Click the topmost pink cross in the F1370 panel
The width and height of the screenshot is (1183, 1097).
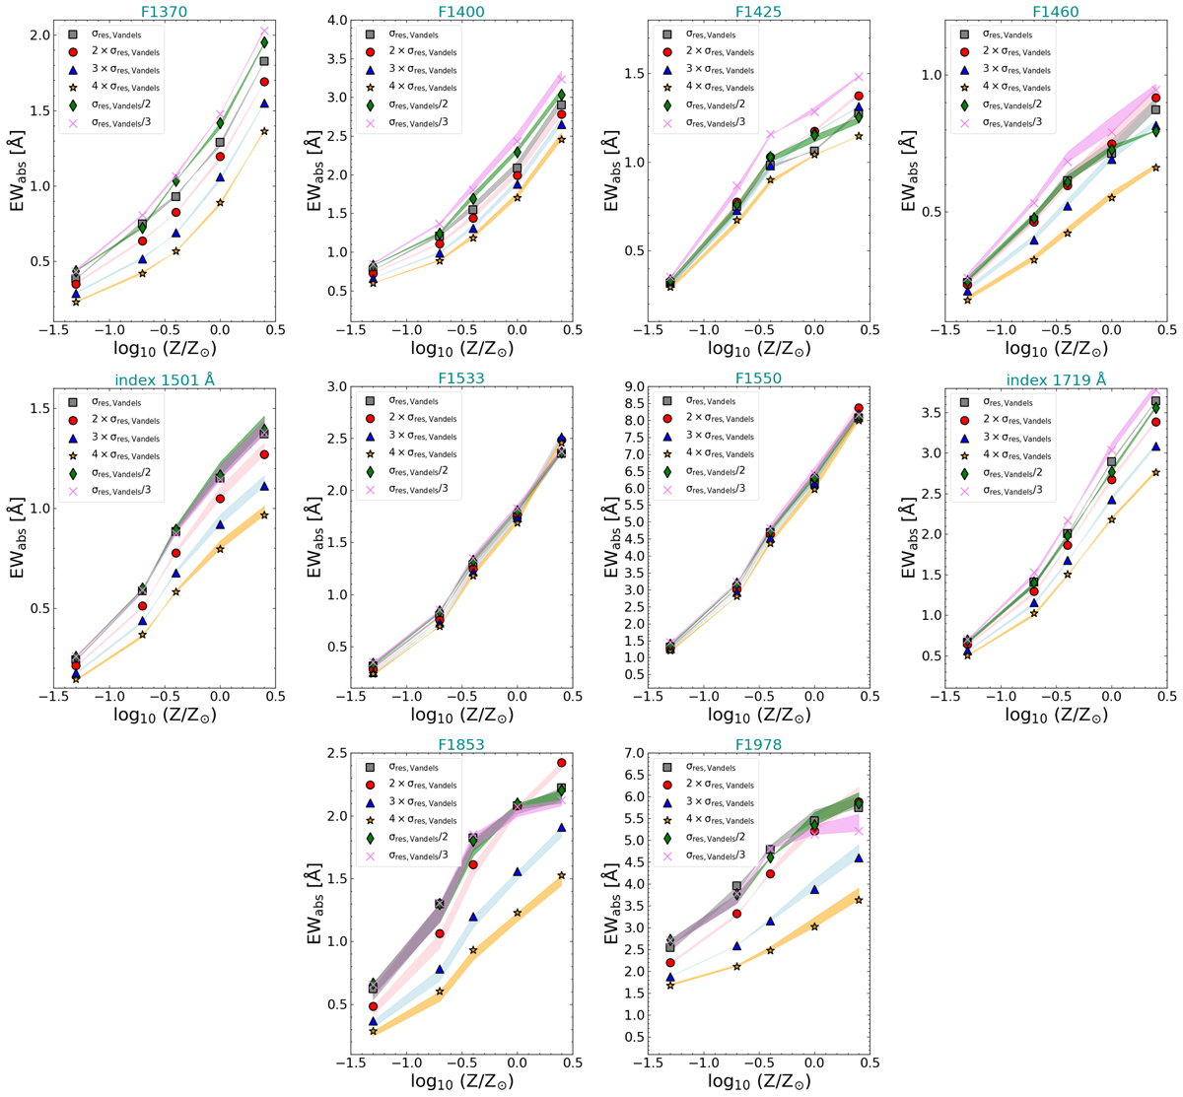[x=264, y=32]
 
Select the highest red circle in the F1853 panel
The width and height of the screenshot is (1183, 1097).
[x=561, y=763]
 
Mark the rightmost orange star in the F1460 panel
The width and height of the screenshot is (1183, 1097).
[x=1155, y=167]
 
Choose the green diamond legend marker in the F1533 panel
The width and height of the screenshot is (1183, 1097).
[x=371, y=471]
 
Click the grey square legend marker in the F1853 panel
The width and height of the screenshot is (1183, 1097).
[x=371, y=767]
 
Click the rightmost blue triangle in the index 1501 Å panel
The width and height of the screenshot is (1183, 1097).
[x=264, y=486]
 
